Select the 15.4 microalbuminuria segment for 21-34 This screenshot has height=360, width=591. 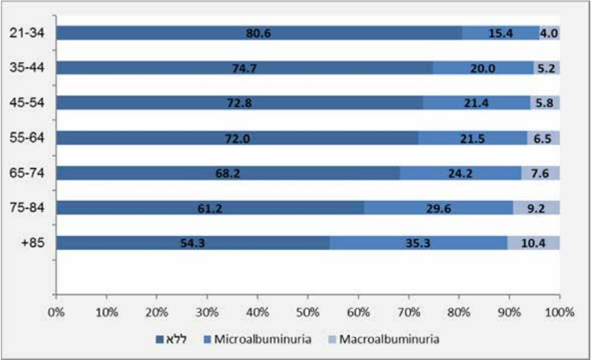point(501,33)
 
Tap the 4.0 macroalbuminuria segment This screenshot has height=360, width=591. point(549,33)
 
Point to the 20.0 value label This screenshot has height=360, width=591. point(483,68)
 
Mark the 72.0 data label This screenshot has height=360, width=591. point(238,138)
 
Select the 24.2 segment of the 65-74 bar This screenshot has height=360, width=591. point(461,173)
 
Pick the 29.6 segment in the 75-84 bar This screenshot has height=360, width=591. point(438,208)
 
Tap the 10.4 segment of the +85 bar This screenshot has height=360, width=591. point(533,243)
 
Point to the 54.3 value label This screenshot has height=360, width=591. point(193,243)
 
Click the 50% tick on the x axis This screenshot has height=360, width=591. point(308,312)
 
